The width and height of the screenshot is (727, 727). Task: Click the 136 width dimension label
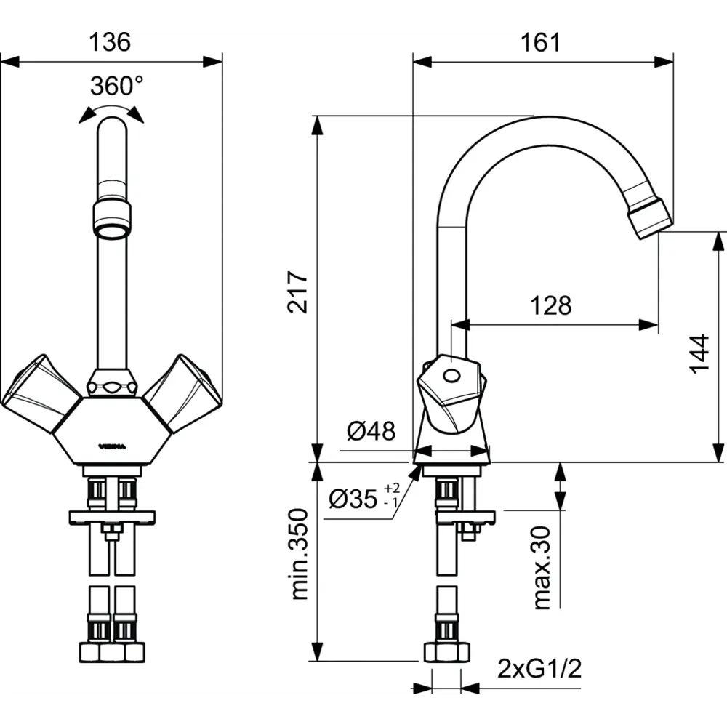(110, 43)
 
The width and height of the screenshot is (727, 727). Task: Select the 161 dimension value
(541, 43)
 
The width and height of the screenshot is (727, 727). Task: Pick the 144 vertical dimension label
(699, 353)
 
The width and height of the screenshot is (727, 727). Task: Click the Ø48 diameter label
(371, 432)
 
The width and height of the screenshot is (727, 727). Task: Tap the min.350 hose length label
(299, 554)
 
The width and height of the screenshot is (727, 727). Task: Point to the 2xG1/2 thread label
(539, 667)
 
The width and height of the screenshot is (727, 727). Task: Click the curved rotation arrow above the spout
(111, 110)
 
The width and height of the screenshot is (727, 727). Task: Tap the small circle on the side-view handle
(451, 377)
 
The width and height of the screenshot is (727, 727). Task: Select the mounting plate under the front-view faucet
(112, 517)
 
